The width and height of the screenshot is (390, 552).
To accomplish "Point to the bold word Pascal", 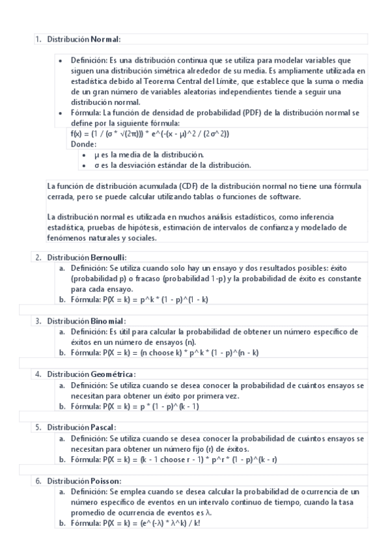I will (103, 428).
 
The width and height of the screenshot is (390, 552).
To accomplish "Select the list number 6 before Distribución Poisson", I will (38, 480).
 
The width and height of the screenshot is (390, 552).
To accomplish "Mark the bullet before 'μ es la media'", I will (87, 154).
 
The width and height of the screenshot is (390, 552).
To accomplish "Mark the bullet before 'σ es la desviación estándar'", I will (87, 165).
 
